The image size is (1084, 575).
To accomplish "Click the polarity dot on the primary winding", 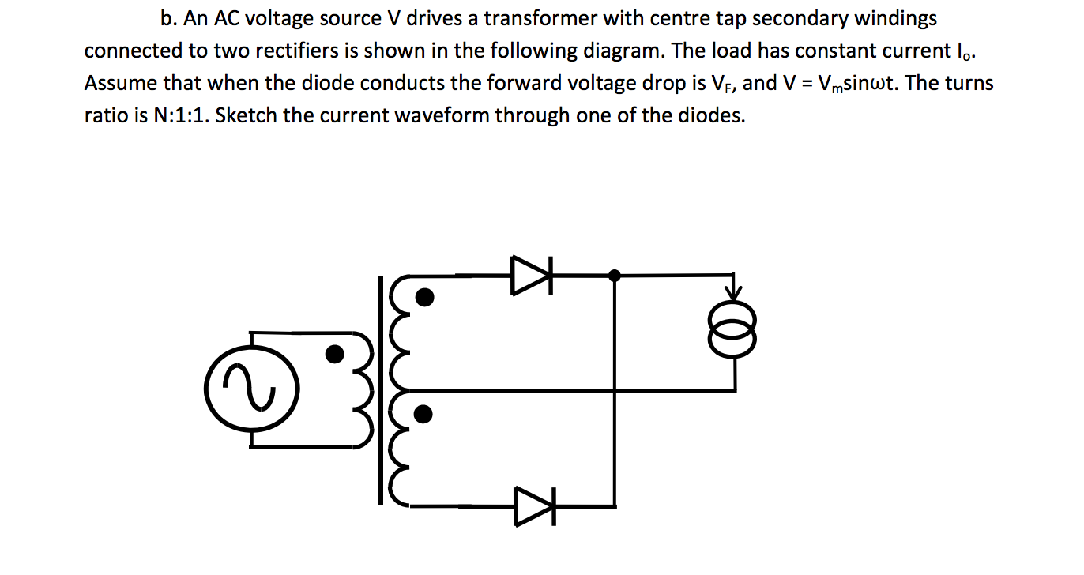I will click(x=335, y=353).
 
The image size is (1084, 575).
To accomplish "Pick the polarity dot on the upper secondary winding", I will click(x=424, y=297).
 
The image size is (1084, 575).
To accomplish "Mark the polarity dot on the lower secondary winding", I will click(x=424, y=413).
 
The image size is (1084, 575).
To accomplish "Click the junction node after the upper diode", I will click(x=615, y=276).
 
